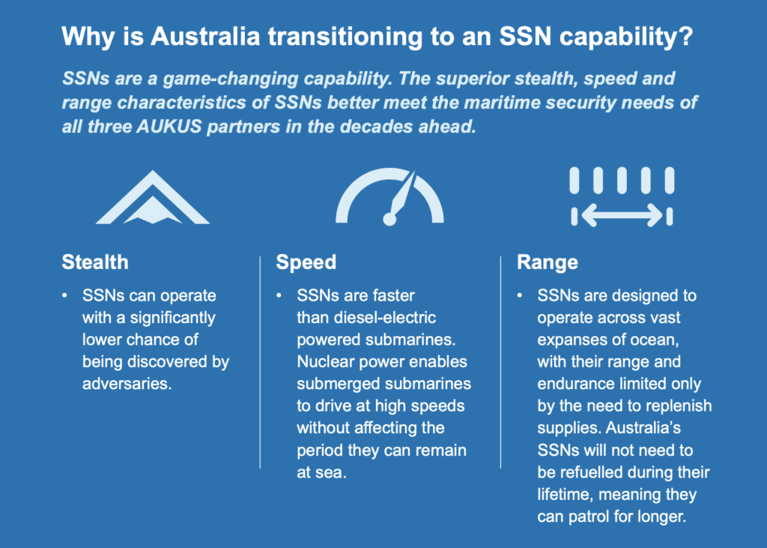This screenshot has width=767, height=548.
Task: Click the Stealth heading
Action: click(x=94, y=262)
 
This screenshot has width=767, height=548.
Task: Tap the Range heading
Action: click(x=548, y=262)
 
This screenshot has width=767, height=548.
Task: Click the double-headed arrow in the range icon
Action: click(x=622, y=216)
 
